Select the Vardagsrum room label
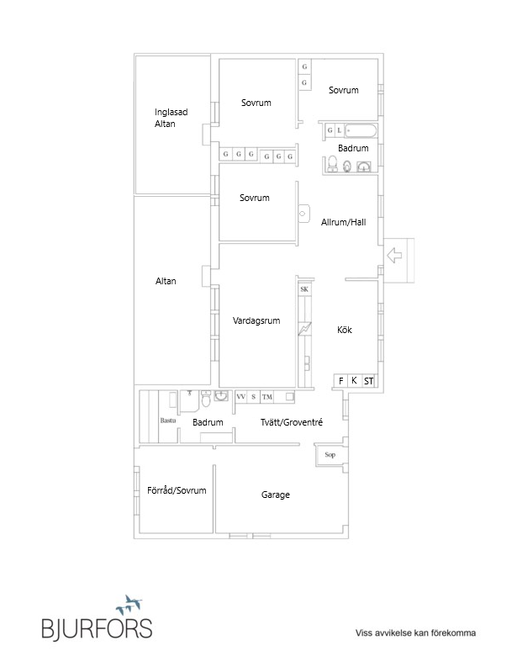[256, 320]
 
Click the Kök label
[344, 331]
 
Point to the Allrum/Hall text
[344, 223]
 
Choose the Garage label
[275, 495]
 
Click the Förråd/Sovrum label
[177, 490]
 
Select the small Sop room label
[330, 455]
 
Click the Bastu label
[166, 419]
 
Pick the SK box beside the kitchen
[304, 289]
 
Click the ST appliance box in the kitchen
[368, 381]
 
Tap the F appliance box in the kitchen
[341, 381]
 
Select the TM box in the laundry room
[266, 396]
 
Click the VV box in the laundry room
[240, 396]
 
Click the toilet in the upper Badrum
[333, 164]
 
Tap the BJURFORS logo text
[98, 628]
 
